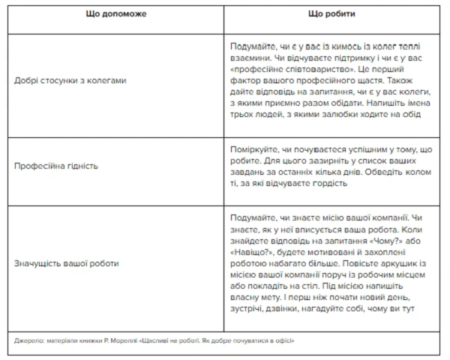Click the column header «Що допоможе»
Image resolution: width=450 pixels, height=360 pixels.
116,14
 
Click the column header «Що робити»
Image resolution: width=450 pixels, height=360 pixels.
331,14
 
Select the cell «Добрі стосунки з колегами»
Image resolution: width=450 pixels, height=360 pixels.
65,80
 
